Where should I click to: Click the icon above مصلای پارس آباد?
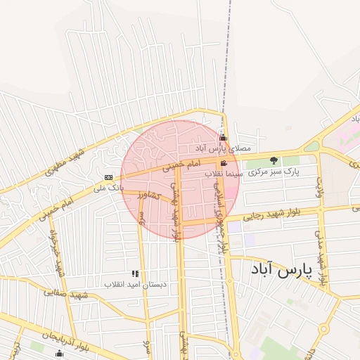point(224,138)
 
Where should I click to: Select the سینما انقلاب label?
point(224,173)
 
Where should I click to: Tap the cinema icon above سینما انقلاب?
point(224,163)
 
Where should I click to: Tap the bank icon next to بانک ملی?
point(108,177)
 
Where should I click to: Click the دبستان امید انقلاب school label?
point(135,284)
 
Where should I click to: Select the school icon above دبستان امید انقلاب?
point(135,274)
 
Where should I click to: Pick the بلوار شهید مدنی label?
point(321,257)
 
